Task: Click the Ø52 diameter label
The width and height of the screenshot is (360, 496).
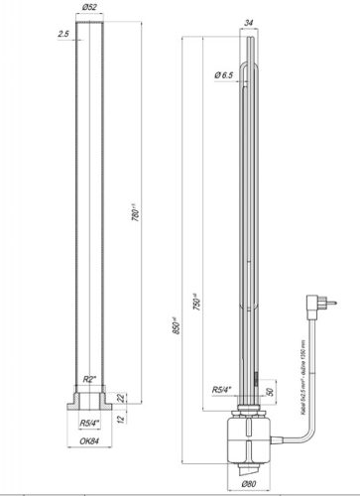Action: pos(92,9)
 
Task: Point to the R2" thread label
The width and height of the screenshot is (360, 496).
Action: pos(89,380)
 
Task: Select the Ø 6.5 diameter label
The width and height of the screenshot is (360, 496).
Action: pos(225,75)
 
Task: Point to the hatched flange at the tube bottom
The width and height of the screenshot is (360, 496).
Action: pos(91,404)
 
